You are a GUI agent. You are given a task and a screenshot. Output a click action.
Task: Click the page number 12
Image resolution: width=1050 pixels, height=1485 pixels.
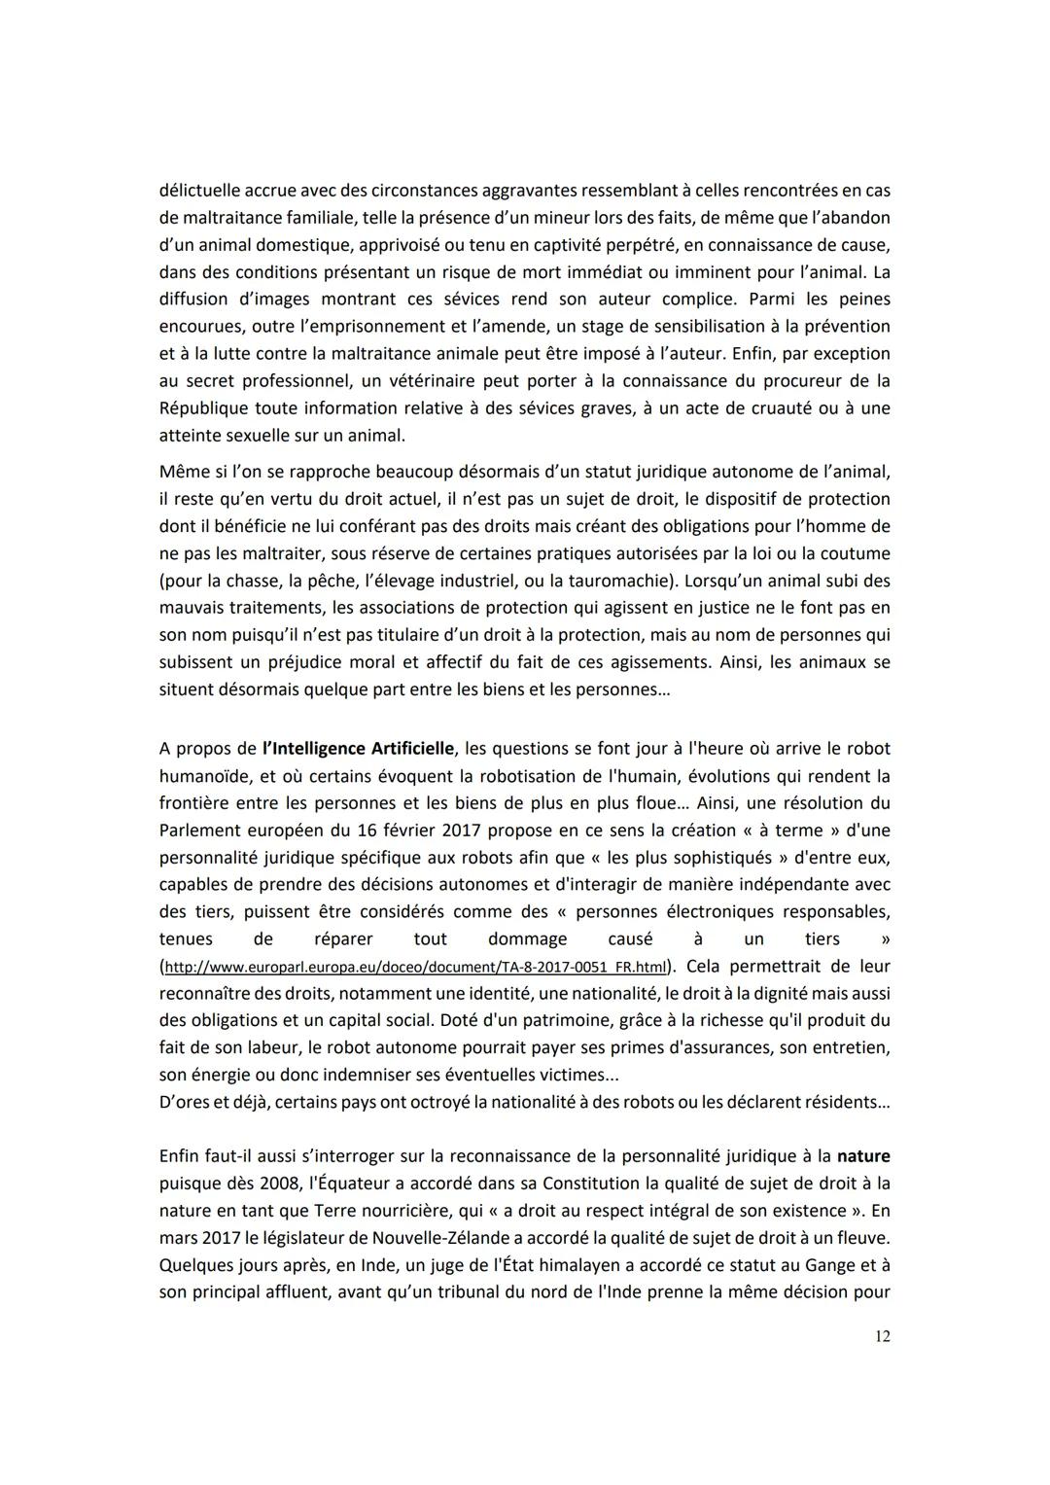coord(882,1336)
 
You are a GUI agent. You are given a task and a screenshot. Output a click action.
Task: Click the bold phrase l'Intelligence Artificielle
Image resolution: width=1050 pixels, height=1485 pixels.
coord(358,749)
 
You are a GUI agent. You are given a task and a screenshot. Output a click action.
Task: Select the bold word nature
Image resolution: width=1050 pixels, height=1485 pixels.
coord(863,1156)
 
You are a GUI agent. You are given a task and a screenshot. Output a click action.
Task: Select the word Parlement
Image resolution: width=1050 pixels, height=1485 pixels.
coord(199,831)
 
